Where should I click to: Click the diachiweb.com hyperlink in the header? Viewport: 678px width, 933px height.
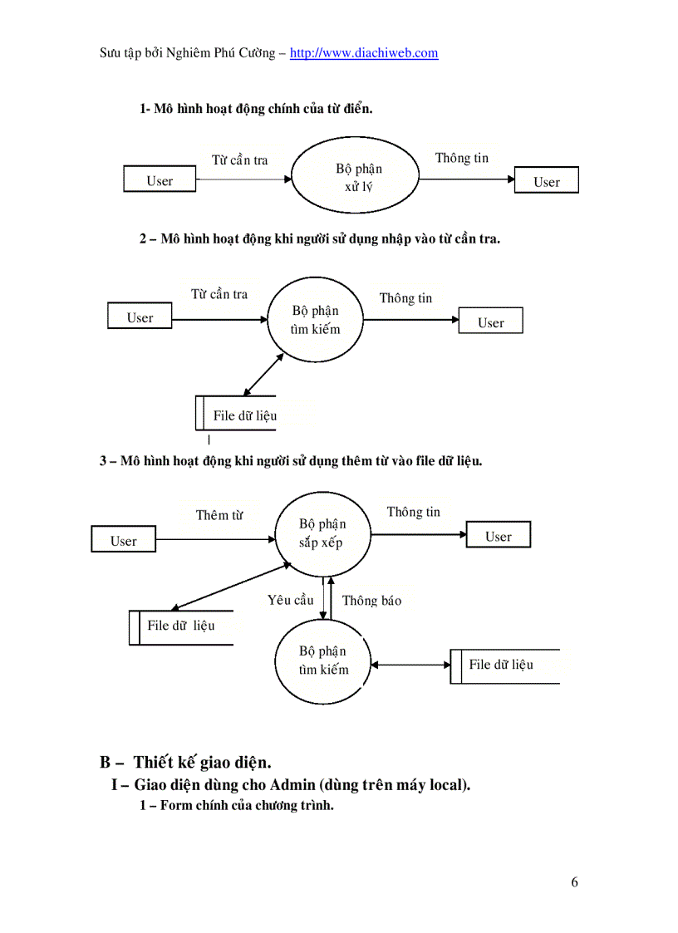coord(364,53)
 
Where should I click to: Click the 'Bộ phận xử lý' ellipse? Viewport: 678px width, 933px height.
coord(359,177)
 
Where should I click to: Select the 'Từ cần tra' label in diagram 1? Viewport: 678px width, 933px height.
coord(239,160)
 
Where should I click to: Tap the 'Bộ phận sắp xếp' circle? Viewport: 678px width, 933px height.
coord(323,533)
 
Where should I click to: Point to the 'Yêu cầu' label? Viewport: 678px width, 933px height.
coord(291,599)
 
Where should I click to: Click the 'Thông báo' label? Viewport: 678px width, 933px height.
coord(371,600)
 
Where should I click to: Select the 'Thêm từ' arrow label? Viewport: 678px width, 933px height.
coord(219,515)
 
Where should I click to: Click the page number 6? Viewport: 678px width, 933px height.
coord(574,882)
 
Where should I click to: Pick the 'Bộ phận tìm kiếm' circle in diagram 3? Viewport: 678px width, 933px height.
coord(323,660)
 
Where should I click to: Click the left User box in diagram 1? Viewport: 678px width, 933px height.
coord(160,180)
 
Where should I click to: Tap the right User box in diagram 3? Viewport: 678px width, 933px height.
coord(498,537)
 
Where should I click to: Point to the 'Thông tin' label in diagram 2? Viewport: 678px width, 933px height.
coord(405,298)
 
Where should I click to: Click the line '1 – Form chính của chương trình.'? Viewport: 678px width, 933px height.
coord(236,805)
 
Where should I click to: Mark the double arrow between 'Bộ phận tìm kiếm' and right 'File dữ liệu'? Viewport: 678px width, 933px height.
coord(411,665)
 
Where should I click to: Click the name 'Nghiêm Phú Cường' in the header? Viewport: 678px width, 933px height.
coord(224,53)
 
